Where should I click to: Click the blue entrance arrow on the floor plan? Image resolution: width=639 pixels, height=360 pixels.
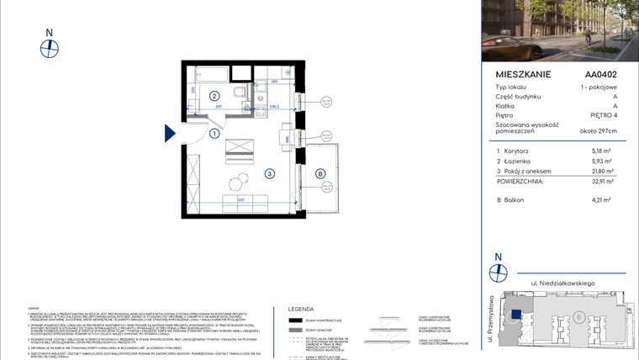[169, 133]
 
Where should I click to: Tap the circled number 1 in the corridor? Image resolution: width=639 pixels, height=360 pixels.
[214, 133]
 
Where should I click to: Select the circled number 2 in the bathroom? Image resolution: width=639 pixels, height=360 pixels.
[214, 96]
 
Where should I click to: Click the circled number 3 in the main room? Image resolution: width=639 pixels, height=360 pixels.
[269, 174]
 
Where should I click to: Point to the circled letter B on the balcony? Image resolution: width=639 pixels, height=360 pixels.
[319, 174]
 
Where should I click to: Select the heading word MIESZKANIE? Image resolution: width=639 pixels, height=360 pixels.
[523, 74]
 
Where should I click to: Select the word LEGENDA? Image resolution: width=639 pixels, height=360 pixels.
[301, 309]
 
